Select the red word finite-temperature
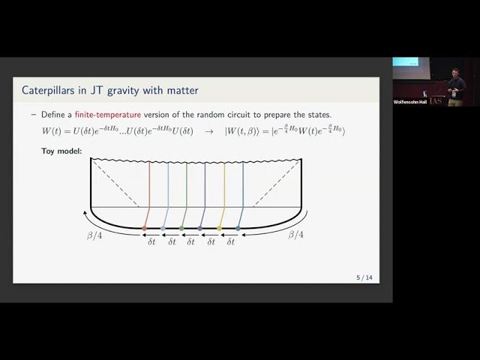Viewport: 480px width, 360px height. point(107,115)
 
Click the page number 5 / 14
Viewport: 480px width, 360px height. point(364,277)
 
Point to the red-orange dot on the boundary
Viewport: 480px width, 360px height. point(145,228)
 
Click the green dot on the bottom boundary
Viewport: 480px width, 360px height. point(181,228)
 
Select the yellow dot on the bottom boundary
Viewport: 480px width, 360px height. point(220,228)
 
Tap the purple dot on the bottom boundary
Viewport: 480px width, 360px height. point(200,228)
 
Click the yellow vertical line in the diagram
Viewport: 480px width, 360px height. point(224,191)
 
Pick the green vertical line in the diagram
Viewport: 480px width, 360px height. point(187,191)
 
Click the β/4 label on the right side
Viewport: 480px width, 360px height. point(297,235)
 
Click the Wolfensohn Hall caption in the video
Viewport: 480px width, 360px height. point(410,101)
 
